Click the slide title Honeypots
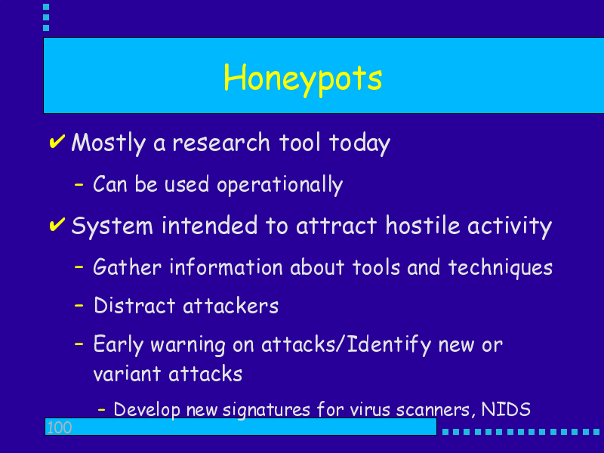click(x=303, y=79)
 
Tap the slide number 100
click(x=59, y=427)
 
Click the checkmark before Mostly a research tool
click(x=57, y=141)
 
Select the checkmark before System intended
click(x=57, y=224)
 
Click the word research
click(x=221, y=143)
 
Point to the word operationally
click(x=279, y=185)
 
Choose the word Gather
click(x=127, y=267)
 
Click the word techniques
click(x=501, y=268)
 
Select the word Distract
click(x=134, y=306)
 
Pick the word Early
click(x=119, y=345)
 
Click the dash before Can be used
click(x=79, y=185)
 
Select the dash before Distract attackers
click(x=79, y=306)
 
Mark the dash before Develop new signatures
click(x=102, y=410)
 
